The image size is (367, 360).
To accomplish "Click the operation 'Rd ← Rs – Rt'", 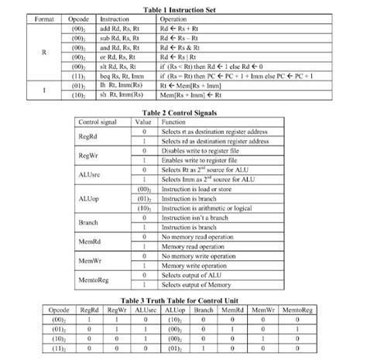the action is (x=183, y=36).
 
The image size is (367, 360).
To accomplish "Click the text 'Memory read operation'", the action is (x=198, y=247).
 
